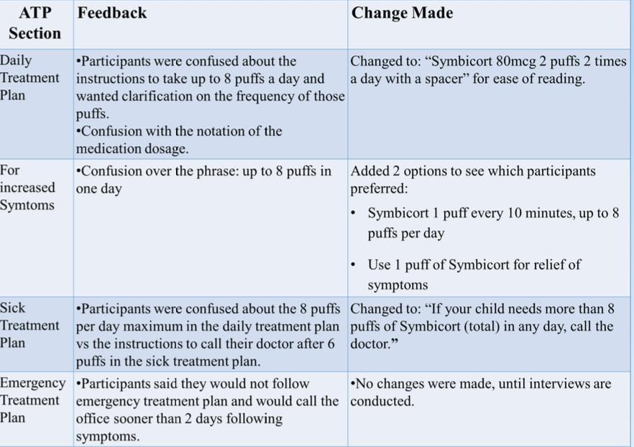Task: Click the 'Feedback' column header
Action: coord(111,13)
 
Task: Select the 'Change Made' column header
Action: coord(402,13)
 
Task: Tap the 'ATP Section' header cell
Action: coord(35,23)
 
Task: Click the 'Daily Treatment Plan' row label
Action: coord(29,78)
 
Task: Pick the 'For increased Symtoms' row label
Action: coord(27,188)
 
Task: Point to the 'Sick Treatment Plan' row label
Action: coord(29,326)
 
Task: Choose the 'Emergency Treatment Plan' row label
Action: coord(32,400)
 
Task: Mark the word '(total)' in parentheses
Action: coord(488,326)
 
